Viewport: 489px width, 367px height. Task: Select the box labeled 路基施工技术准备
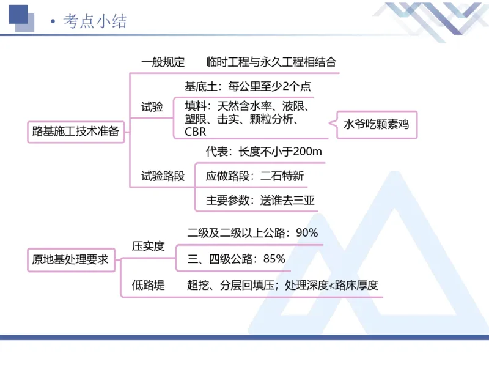point(75,130)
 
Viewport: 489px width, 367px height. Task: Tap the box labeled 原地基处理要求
point(70,259)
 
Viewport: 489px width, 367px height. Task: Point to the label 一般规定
point(163,62)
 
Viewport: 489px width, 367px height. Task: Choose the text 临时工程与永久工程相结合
point(271,62)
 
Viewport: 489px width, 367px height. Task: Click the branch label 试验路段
point(163,176)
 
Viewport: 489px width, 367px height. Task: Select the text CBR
point(196,132)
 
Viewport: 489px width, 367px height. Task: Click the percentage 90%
point(306,232)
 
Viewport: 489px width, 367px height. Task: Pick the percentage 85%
point(274,259)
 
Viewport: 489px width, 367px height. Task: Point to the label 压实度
point(149,246)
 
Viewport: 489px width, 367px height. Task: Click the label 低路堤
point(149,284)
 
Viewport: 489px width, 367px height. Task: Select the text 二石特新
point(282,176)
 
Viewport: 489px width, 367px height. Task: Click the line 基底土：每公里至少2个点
point(248,86)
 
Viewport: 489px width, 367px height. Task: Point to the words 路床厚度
point(357,284)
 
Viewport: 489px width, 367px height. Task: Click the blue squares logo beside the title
point(23,18)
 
